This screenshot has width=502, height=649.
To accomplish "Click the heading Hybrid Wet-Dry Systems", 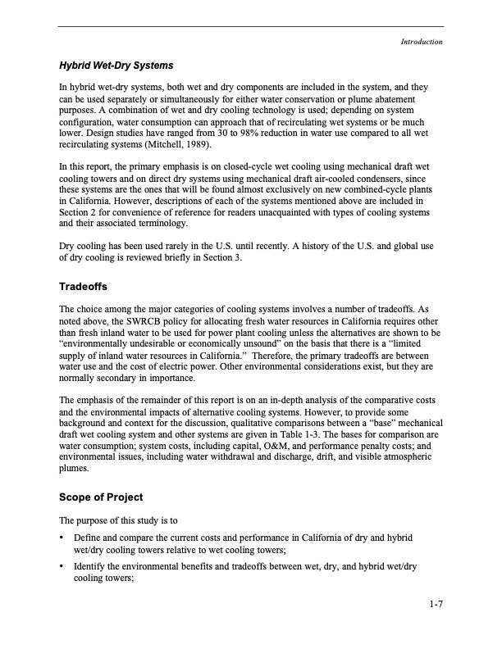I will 116,64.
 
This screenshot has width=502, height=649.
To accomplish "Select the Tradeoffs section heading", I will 89,288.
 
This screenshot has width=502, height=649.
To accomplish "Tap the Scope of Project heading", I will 101,497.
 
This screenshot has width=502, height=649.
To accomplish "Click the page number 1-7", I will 436,606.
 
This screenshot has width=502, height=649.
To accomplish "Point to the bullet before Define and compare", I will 62,538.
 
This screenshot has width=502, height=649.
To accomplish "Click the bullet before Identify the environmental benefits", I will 62,565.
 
